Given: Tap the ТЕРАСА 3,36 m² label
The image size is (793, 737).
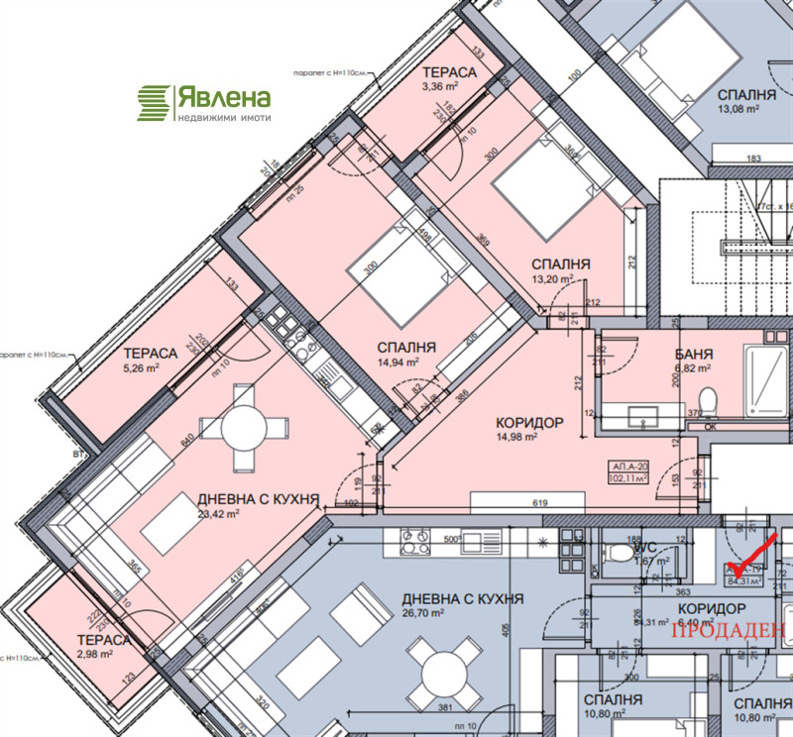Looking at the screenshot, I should click(x=449, y=80).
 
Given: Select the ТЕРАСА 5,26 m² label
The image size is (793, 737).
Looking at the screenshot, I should click(x=150, y=360).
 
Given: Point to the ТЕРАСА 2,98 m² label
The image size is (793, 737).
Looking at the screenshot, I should click(x=103, y=647).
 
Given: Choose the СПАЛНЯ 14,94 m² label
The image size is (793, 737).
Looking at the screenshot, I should click(x=406, y=355).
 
